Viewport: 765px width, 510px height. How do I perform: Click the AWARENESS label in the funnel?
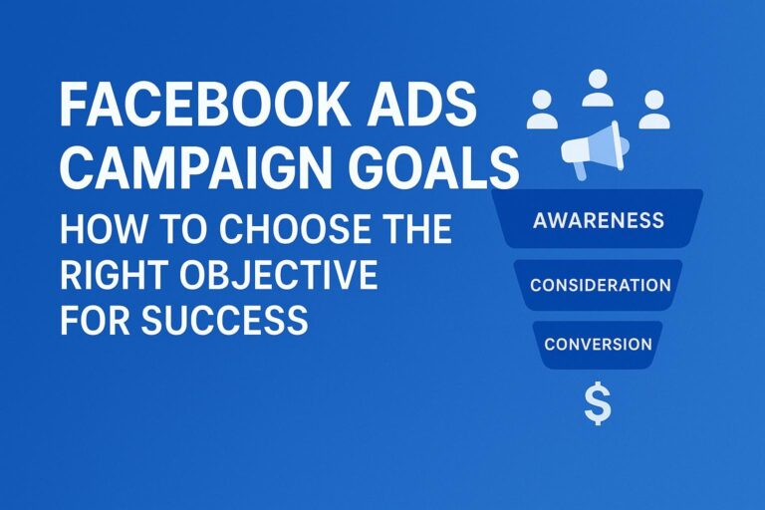pos(597,219)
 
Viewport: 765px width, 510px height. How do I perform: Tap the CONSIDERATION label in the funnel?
pos(600,285)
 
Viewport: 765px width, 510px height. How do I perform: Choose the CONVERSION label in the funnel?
pos(598,345)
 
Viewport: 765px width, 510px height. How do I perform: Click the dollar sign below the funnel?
pos(598,403)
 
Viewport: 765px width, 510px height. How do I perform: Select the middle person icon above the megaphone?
pos(598,88)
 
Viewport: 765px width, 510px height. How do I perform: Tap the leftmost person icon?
pos(543,109)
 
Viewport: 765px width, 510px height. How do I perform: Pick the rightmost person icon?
pos(653,109)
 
